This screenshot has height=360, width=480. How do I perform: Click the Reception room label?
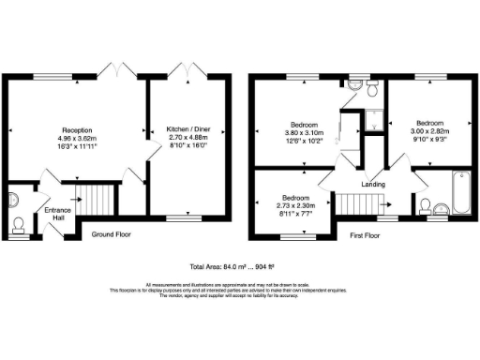click(x=77, y=129)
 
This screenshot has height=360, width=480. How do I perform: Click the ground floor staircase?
click(x=93, y=198)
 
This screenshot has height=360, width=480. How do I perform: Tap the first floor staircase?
click(x=355, y=202)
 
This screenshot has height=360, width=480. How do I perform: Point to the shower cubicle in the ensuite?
click(x=375, y=119)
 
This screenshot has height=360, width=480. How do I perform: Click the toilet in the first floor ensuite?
click(x=371, y=90)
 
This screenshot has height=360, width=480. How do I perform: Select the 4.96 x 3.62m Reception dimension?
click(x=77, y=139)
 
